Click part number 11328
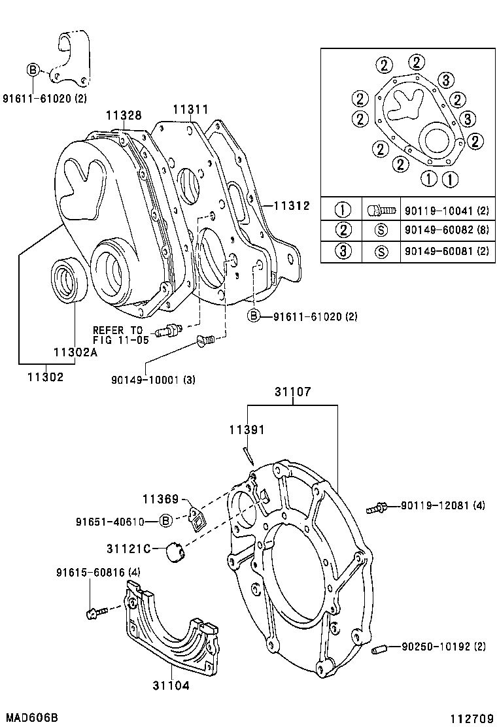[x=124, y=116]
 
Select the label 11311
[x=191, y=109]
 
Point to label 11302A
[x=75, y=352]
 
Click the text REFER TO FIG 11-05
[x=121, y=335]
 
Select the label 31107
[x=292, y=392]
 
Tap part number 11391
[x=247, y=430]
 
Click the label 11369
[x=161, y=499]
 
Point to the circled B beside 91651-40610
[x=166, y=521]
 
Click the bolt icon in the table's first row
[x=380, y=210]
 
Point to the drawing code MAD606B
[x=29, y=717]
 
